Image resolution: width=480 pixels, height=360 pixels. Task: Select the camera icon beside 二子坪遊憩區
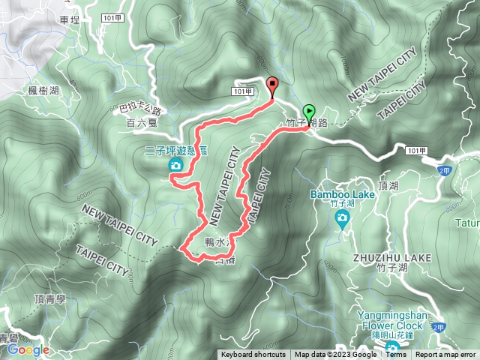(175, 165)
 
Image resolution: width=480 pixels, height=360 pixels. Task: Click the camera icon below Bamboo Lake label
(342, 218)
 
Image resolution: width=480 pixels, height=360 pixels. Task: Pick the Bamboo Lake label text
(342, 195)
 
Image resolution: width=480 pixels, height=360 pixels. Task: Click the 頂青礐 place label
(50, 298)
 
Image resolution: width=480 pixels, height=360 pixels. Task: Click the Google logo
(28, 349)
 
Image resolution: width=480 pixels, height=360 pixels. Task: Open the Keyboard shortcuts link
(253, 355)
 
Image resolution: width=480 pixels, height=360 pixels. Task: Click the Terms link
(394, 355)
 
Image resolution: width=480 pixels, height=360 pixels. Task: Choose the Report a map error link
(446, 355)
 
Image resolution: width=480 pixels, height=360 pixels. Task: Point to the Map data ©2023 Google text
(335, 355)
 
